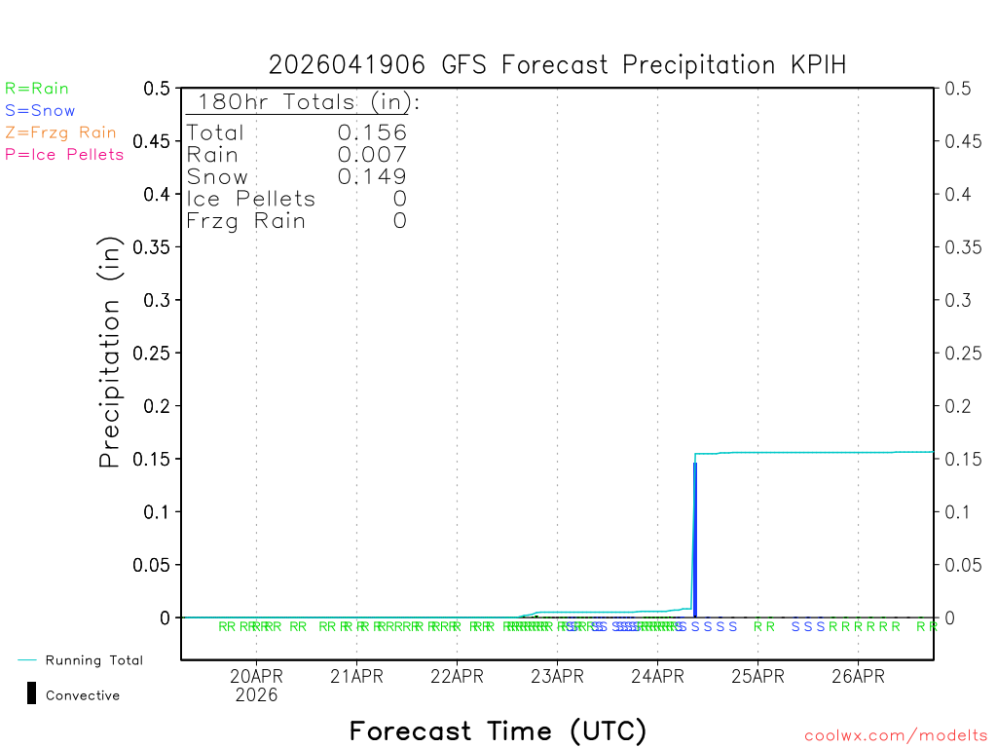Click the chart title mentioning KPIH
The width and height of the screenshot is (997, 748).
[557, 65]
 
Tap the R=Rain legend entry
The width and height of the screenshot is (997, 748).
[37, 89]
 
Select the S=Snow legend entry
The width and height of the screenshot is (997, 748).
[40, 111]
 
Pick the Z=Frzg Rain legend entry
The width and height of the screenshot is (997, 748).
[60, 132]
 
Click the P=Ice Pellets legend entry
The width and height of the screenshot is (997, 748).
[64, 154]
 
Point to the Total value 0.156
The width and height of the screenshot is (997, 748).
[372, 132]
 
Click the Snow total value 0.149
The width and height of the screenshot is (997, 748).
[372, 176]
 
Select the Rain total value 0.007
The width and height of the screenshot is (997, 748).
[372, 154]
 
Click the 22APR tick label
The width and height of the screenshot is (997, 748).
[457, 676]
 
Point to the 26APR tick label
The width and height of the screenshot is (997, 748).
[858, 676]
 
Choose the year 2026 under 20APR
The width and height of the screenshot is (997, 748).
[256, 695]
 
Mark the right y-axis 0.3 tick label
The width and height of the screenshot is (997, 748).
[958, 300]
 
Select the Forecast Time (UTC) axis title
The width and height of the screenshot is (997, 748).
[498, 730]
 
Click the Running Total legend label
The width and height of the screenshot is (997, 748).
[93, 660]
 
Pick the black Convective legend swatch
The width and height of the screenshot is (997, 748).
[31, 693]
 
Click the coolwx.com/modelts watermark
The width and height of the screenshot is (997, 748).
[896, 736]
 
